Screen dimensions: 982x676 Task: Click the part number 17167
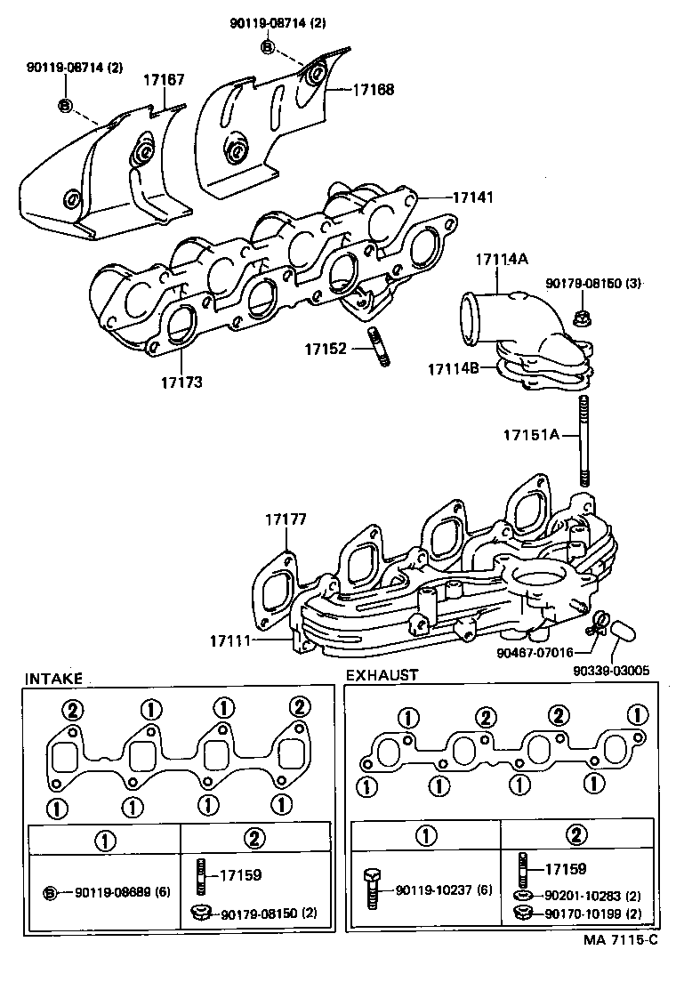pos(165,80)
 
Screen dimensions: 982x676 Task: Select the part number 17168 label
pos(373,90)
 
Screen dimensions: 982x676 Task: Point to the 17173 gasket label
pos(181,382)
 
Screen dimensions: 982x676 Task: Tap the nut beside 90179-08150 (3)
pos(585,316)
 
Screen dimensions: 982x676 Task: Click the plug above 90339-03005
pos(621,633)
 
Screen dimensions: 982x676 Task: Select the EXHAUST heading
pos(382,675)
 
